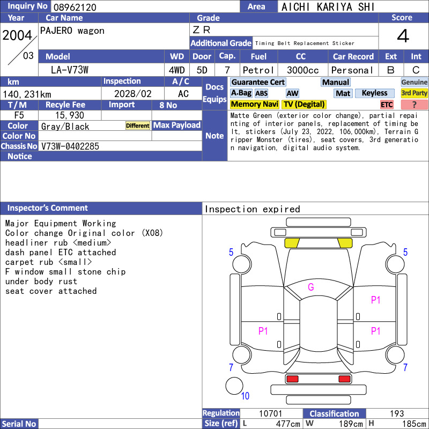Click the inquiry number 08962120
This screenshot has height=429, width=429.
click(75, 7)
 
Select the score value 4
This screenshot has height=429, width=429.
click(403, 36)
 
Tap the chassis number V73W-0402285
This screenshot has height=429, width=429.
click(70, 146)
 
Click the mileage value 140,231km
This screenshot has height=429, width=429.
click(27, 94)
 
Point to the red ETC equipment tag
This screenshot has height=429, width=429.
click(387, 105)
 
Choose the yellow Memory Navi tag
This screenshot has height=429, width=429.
click(254, 104)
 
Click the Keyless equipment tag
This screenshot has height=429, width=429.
click(374, 93)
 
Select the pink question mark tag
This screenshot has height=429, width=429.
click(414, 105)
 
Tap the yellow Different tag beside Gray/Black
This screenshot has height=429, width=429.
click(138, 125)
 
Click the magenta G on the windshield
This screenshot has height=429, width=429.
click(311, 287)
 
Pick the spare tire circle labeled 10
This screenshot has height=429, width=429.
click(234, 386)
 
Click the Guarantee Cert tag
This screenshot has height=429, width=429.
click(258, 82)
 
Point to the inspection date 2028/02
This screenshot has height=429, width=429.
click(132, 94)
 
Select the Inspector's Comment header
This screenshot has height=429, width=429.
click(48, 208)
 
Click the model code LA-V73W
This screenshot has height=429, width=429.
click(70, 70)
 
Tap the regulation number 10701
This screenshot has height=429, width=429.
click(270, 413)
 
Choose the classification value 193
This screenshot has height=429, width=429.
click(397, 413)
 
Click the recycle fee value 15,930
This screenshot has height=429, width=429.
click(70, 115)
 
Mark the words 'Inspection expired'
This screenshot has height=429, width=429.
click(252, 209)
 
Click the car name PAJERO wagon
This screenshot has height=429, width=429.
click(72, 31)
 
